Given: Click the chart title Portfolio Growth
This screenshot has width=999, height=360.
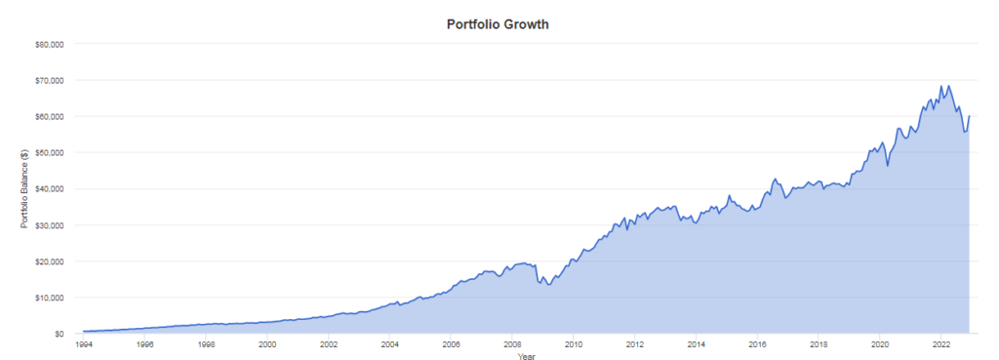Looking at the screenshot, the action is click(499, 25).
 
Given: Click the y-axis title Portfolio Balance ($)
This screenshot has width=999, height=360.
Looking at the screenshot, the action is click(24, 188).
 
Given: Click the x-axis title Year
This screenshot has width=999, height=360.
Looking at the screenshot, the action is click(526, 355).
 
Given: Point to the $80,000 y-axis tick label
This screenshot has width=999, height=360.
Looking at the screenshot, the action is click(54, 44).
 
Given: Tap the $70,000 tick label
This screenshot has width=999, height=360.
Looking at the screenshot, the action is click(54, 80).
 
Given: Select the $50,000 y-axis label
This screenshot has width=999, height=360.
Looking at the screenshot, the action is click(54, 153).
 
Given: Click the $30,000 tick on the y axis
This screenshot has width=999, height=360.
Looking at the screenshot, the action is click(54, 225).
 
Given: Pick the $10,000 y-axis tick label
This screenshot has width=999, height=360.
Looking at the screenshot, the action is click(54, 298).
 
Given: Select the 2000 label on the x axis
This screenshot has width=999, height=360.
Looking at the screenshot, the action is click(267, 344).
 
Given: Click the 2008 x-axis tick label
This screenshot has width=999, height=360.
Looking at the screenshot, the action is click(511, 344).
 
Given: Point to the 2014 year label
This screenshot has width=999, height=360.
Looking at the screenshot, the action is click(696, 344).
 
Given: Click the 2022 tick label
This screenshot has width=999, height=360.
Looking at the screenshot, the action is click(940, 344).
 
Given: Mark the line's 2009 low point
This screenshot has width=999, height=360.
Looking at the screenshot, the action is click(548, 285).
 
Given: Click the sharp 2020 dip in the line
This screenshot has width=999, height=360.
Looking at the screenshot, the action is click(888, 166).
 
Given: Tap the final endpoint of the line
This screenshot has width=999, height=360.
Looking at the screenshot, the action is click(969, 116).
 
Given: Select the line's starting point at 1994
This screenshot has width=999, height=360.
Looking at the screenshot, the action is click(84, 332).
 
